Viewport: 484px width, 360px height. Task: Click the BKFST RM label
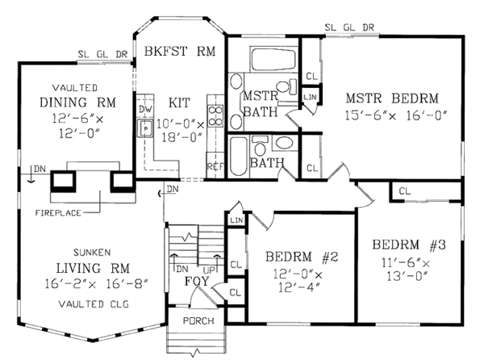(x=180, y=51)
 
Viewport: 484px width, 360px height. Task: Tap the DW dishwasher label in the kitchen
(x=144, y=109)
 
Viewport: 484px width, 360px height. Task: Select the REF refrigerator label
(x=215, y=167)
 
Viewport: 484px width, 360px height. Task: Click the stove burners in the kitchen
(x=215, y=115)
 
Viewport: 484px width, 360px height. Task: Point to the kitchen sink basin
(x=145, y=128)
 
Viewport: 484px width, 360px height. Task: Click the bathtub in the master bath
(x=273, y=59)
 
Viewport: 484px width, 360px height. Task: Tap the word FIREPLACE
(x=58, y=213)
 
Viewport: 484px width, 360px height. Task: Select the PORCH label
(x=198, y=321)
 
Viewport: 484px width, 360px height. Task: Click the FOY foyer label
(x=197, y=281)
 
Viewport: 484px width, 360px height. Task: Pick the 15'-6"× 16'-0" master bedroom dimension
(x=396, y=115)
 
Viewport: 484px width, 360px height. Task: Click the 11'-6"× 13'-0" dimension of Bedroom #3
(x=406, y=270)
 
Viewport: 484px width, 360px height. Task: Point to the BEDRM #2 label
(x=302, y=257)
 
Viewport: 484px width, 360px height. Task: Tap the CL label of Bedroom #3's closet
(x=405, y=191)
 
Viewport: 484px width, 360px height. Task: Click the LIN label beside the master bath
(x=310, y=97)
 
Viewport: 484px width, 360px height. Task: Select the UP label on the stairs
(x=209, y=270)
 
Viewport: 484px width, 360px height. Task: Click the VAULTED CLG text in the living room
(x=94, y=304)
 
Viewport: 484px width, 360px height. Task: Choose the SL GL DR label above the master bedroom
(x=349, y=27)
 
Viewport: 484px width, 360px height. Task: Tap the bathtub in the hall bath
(x=239, y=157)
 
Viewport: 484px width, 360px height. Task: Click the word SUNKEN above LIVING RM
(x=92, y=253)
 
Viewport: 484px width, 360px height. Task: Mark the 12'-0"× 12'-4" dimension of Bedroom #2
(x=298, y=281)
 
